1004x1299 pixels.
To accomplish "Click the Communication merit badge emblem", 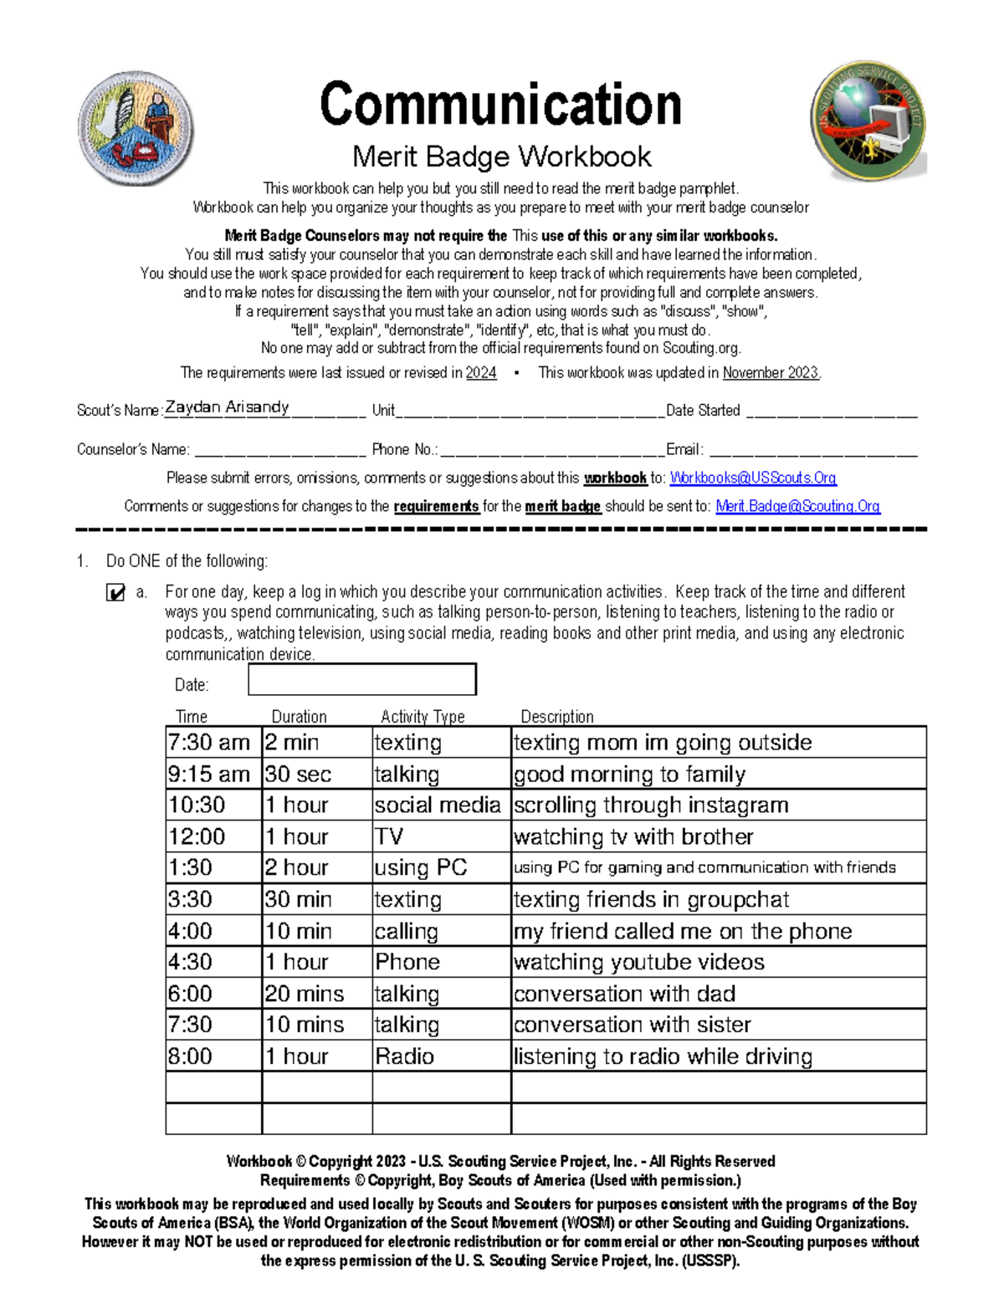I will point(136,127).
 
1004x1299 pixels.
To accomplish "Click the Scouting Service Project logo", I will point(868,120).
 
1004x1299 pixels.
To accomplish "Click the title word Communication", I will point(500,105).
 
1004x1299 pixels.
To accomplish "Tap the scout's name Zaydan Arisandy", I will point(227,407).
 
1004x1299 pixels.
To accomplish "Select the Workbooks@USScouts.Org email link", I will point(753,478).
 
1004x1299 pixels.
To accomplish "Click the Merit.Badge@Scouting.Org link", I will point(797,506).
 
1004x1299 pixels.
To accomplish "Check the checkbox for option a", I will point(115,593).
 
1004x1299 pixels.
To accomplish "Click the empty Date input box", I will point(362,679).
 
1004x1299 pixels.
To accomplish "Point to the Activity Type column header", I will point(423,717).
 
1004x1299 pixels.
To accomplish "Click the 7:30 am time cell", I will point(209,743).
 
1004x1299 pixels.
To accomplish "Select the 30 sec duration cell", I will point(299,775).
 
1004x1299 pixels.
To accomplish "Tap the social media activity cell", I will point(438,805).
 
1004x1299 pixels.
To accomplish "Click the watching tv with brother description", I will point(633,837).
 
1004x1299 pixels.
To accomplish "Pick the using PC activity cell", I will point(421,868).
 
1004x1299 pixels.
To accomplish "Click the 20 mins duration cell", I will point(305,994).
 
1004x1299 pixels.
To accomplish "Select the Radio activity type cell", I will point(405,1056).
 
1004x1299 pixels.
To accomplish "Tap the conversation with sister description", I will point(633,1025).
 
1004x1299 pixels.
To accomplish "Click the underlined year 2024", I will point(481,373).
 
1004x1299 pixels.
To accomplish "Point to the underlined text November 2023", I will point(771,373).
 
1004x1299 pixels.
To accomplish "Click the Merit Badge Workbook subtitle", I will point(501,156).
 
